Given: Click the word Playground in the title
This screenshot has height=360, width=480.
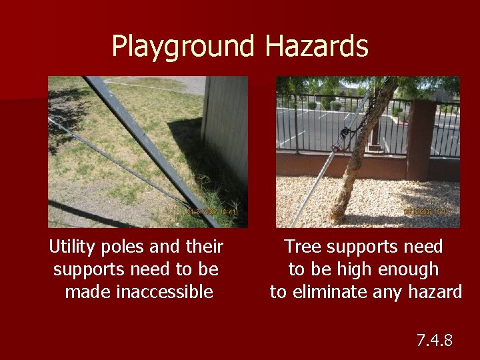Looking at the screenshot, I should click(x=183, y=47).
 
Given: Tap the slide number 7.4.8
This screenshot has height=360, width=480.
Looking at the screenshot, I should click(x=434, y=341).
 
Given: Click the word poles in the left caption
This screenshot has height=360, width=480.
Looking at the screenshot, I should click(x=125, y=247).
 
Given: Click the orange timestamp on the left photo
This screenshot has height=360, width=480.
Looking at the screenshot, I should click(x=207, y=212).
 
